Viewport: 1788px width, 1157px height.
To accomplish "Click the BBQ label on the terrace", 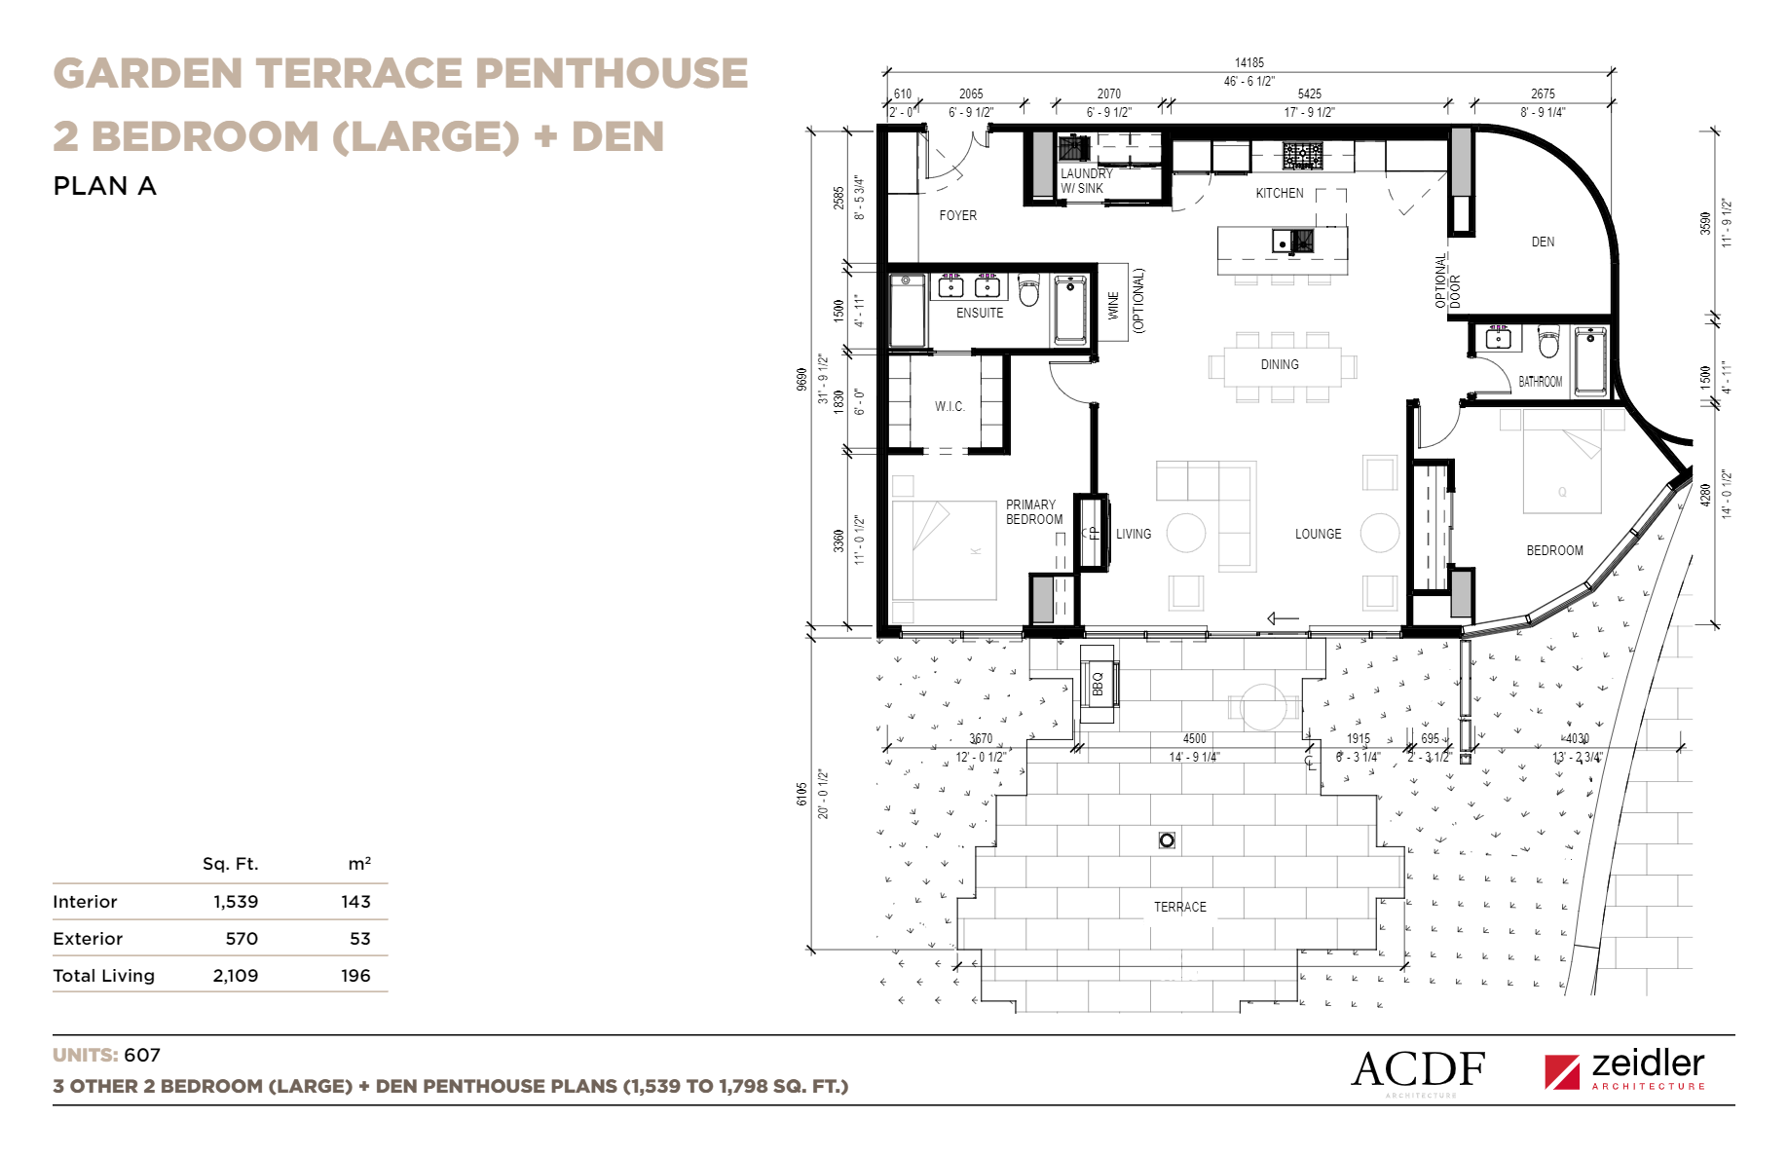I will pyautogui.click(x=1098, y=685).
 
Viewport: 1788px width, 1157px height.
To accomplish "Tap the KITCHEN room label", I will pyautogui.click(x=1279, y=193).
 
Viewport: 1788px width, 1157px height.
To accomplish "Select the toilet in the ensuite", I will pyautogui.click(x=1028, y=290).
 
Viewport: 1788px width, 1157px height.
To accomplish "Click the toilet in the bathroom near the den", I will pyautogui.click(x=1548, y=343).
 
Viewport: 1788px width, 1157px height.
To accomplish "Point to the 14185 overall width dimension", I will pyautogui.click(x=1249, y=62).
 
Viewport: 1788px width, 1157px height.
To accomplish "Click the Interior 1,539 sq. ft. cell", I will pyautogui.click(x=236, y=902).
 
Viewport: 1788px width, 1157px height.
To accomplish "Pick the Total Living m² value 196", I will pyautogui.click(x=355, y=976).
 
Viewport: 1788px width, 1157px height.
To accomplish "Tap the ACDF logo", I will pyautogui.click(x=1418, y=1070).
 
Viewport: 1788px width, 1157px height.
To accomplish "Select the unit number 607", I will pyautogui.click(x=142, y=1056).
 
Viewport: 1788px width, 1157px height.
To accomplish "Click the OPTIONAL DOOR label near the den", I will pyautogui.click(x=1447, y=281).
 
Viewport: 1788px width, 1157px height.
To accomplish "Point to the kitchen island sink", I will pyautogui.click(x=1293, y=241).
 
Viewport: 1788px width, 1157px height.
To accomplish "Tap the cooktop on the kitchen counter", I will pyautogui.click(x=1302, y=155).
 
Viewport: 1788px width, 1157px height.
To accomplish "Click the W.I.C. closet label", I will pyautogui.click(x=950, y=406).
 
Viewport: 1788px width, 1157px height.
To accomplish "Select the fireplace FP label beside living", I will pyautogui.click(x=1092, y=533).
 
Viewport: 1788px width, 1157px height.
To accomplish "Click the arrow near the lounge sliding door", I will pyautogui.click(x=1283, y=618).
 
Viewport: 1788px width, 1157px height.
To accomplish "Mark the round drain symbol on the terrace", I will pyautogui.click(x=1167, y=840).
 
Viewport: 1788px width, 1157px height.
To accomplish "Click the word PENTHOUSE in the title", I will pyautogui.click(x=612, y=74).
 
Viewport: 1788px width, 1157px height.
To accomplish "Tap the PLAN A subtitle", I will pyautogui.click(x=104, y=186).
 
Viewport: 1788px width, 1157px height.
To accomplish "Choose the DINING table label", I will pyautogui.click(x=1279, y=364).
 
